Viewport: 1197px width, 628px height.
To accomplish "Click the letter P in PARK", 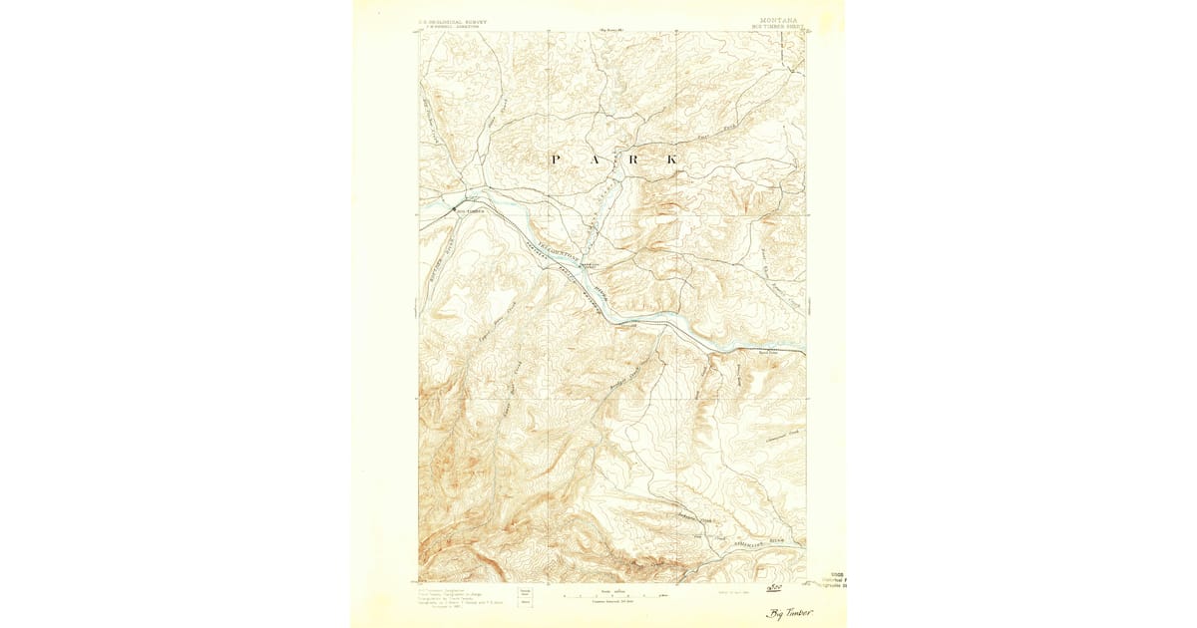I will click(x=555, y=159).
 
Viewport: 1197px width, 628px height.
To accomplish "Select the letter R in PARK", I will click(x=633, y=159).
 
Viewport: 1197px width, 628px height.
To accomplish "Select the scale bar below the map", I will click(x=612, y=596).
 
